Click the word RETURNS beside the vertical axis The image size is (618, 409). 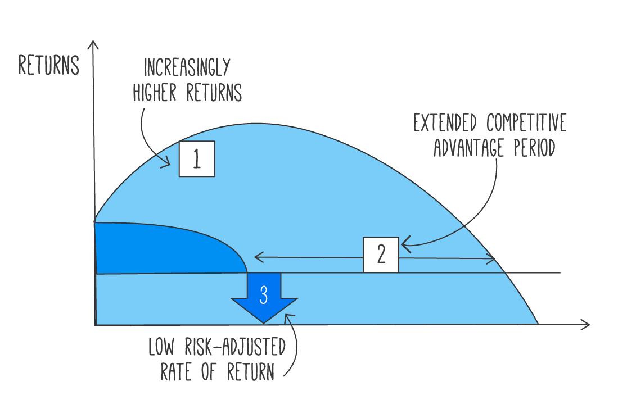48,66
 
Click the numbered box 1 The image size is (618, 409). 197,159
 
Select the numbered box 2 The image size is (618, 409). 381,255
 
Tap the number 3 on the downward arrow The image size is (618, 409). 264,294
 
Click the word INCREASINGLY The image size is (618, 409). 187,69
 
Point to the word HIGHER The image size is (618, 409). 156,93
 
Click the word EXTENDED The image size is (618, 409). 446,123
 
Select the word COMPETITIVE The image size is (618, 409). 526,123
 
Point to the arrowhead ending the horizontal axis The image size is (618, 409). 587,325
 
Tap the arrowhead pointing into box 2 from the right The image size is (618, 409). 404,244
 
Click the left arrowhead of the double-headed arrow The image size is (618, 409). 257,257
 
